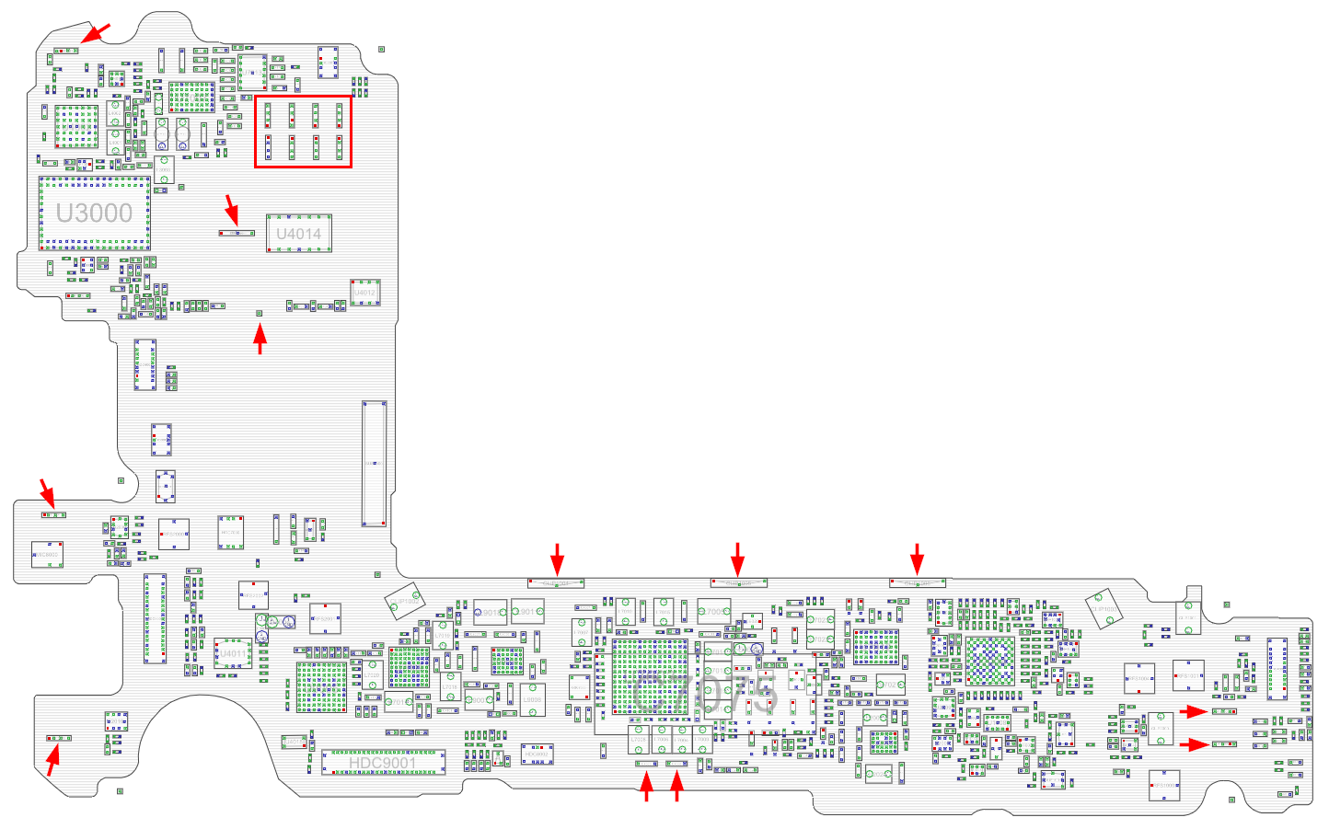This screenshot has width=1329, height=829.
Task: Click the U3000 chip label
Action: click(94, 213)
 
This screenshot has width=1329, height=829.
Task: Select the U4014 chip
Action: click(299, 234)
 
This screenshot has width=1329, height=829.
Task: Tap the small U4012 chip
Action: click(364, 293)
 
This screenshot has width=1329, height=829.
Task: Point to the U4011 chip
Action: click(233, 653)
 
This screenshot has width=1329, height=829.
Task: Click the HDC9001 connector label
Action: click(382, 763)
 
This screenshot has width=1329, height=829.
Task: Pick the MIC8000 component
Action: click(47, 555)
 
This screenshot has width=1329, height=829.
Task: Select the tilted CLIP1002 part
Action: click(404, 602)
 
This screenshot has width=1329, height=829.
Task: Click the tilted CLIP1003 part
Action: click(1104, 609)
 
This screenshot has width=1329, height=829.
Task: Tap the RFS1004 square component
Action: click(1138, 679)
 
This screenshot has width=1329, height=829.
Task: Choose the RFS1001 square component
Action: click(1188, 676)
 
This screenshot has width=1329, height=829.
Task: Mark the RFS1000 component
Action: click(1164, 785)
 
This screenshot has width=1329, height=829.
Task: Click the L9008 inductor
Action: click(532, 699)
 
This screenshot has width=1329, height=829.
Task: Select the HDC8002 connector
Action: click(537, 754)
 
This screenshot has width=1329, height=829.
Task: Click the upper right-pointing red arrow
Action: click(1194, 711)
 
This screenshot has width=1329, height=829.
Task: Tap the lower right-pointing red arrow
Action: click(1194, 744)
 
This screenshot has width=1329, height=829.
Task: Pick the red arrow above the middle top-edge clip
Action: click(737, 559)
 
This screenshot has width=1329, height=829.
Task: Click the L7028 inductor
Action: click(638, 740)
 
